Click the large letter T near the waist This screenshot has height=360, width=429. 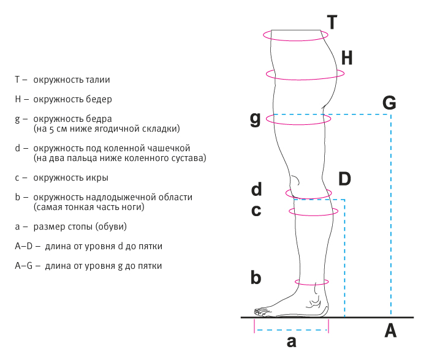pyautogui.click(x=332, y=23)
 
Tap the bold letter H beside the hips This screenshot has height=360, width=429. pyautogui.click(x=347, y=58)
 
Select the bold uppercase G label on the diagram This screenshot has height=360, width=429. pyautogui.click(x=389, y=102)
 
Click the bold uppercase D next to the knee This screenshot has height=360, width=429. pyautogui.click(x=344, y=179)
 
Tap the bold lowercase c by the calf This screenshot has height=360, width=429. pyautogui.click(x=256, y=211)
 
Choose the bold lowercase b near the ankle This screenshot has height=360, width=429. pyautogui.click(x=256, y=277)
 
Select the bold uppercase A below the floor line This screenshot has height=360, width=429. pyautogui.click(x=390, y=331)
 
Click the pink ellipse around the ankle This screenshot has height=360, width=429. pyautogui.click(x=312, y=282)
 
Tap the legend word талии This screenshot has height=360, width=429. pyautogui.click(x=99, y=80)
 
